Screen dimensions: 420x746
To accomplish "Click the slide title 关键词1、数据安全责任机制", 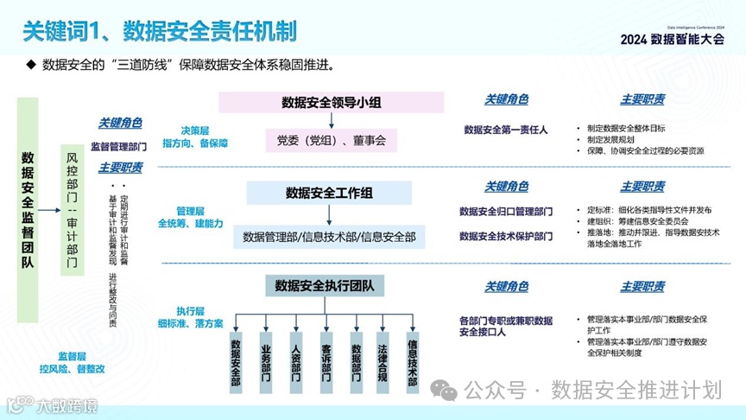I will click(160, 32).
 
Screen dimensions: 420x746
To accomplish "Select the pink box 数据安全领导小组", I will click(332, 102).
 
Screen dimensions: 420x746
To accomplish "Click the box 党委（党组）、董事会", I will click(332, 139).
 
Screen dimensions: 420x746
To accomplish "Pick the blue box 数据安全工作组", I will click(332, 192).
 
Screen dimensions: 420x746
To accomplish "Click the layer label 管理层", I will click(190, 210).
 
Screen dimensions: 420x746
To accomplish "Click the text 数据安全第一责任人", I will click(506, 130).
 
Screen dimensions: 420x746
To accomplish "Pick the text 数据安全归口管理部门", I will click(506, 211).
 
